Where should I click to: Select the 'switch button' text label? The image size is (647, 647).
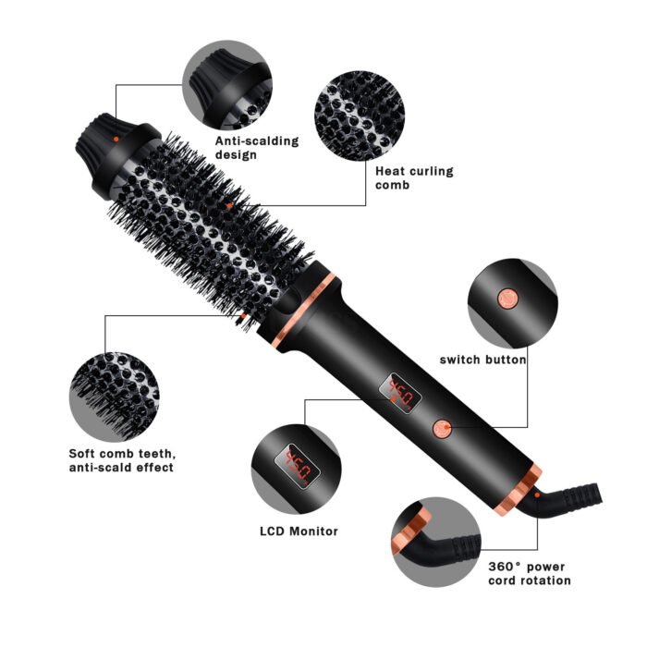(x=482, y=360)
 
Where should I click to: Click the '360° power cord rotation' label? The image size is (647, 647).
(x=528, y=573)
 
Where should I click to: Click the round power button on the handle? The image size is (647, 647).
(x=443, y=427)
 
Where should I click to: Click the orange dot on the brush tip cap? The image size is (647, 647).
(x=114, y=139)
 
